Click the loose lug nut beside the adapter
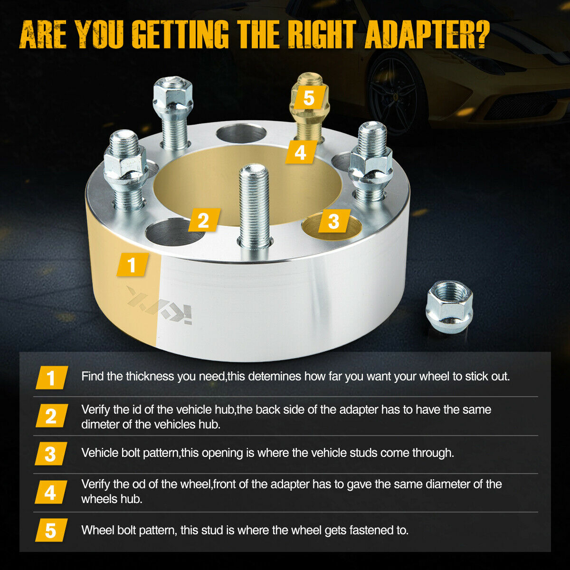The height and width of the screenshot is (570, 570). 449,307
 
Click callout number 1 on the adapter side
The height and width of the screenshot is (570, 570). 133,265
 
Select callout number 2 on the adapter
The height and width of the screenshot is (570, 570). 204,220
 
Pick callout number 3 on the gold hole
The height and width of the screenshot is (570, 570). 334,221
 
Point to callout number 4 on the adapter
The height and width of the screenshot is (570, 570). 301,152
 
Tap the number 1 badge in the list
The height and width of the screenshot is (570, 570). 51,378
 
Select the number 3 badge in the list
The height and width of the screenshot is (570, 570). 51,454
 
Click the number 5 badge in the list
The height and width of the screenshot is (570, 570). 51,530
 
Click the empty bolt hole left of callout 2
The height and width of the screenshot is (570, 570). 174,232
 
